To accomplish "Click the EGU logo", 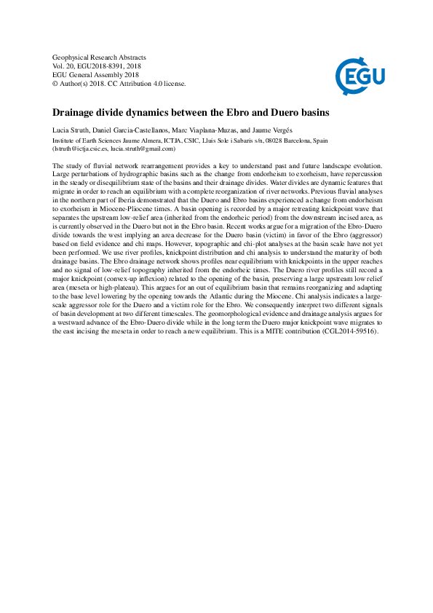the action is coord(360,74).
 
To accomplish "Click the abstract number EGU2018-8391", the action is coord(105,66).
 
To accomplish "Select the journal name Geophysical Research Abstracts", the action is coord(100,57).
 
